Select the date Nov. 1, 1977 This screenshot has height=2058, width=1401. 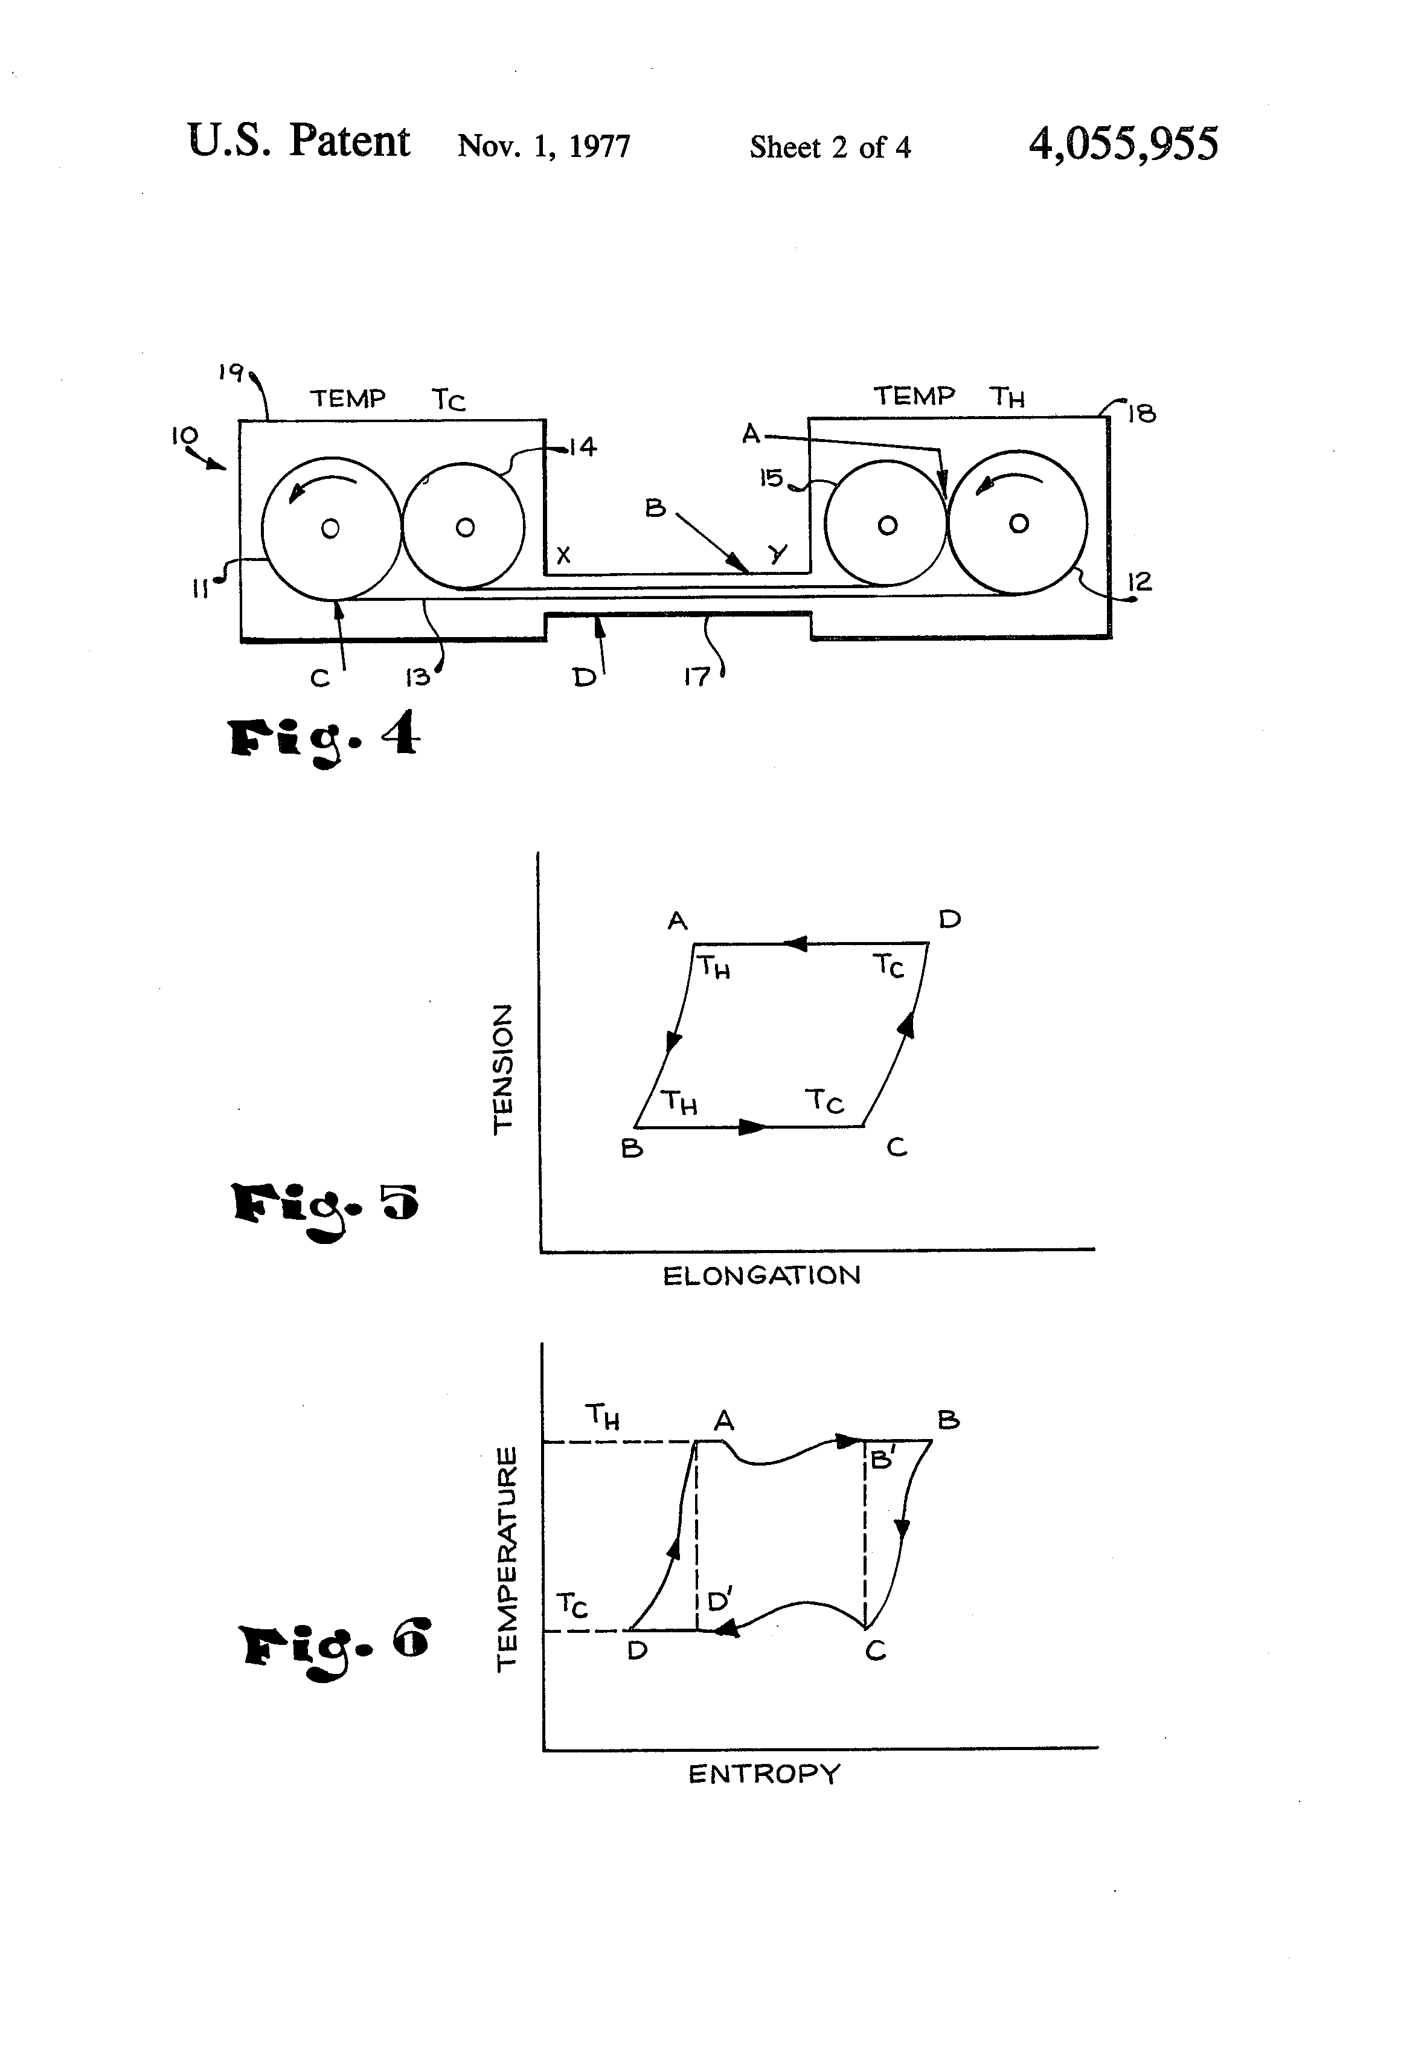[543, 146]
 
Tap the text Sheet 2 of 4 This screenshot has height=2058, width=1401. [830, 147]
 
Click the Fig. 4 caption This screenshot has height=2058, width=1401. [323, 738]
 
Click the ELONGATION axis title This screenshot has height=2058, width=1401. [761, 1276]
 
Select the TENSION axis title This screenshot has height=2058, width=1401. [502, 1068]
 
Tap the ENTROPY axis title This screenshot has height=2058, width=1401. [763, 1775]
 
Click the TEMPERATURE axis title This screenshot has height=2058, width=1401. [505, 1559]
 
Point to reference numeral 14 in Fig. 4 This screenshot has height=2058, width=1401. [582, 447]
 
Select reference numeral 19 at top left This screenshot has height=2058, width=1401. [230, 372]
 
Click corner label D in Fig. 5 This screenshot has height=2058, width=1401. [949, 919]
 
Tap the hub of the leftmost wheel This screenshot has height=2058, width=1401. [330, 528]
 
